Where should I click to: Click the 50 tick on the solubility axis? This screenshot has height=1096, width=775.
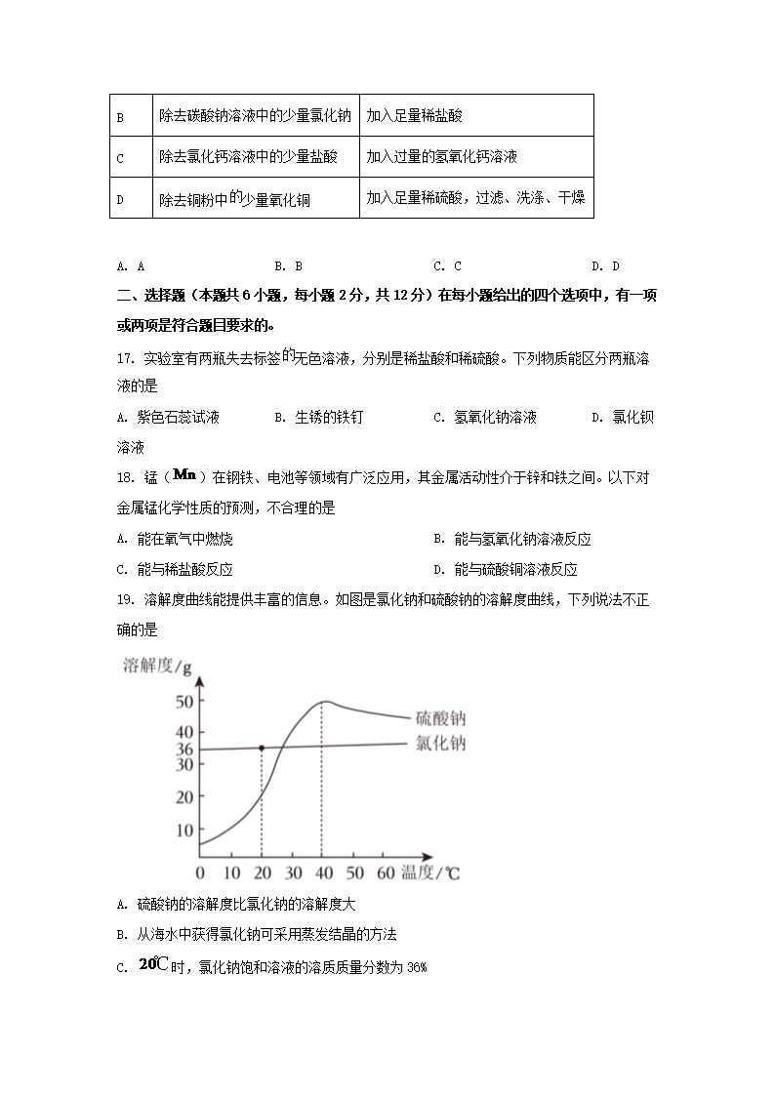pos(184,701)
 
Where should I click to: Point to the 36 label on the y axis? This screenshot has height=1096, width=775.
pos(184,750)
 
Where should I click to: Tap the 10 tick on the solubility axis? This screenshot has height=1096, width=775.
pos(184,831)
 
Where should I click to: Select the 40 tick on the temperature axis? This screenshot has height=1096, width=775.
pos(322,872)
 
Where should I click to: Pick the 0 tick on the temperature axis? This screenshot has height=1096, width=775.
pos(200,872)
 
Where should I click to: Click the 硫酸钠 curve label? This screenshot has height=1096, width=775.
pos(437,718)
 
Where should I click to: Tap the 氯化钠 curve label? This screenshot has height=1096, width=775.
pos(437,744)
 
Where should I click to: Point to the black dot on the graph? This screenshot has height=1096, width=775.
pos(261,748)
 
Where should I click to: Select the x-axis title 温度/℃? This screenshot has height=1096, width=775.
pos(429,872)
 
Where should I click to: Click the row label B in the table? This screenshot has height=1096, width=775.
pos(120,117)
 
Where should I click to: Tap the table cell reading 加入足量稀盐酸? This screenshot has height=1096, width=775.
pos(414,115)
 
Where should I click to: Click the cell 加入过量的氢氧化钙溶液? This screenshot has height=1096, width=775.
pos(441,156)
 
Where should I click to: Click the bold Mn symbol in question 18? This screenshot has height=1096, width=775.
pos(184,475)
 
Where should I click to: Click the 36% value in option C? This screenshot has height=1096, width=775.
pos(416,968)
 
